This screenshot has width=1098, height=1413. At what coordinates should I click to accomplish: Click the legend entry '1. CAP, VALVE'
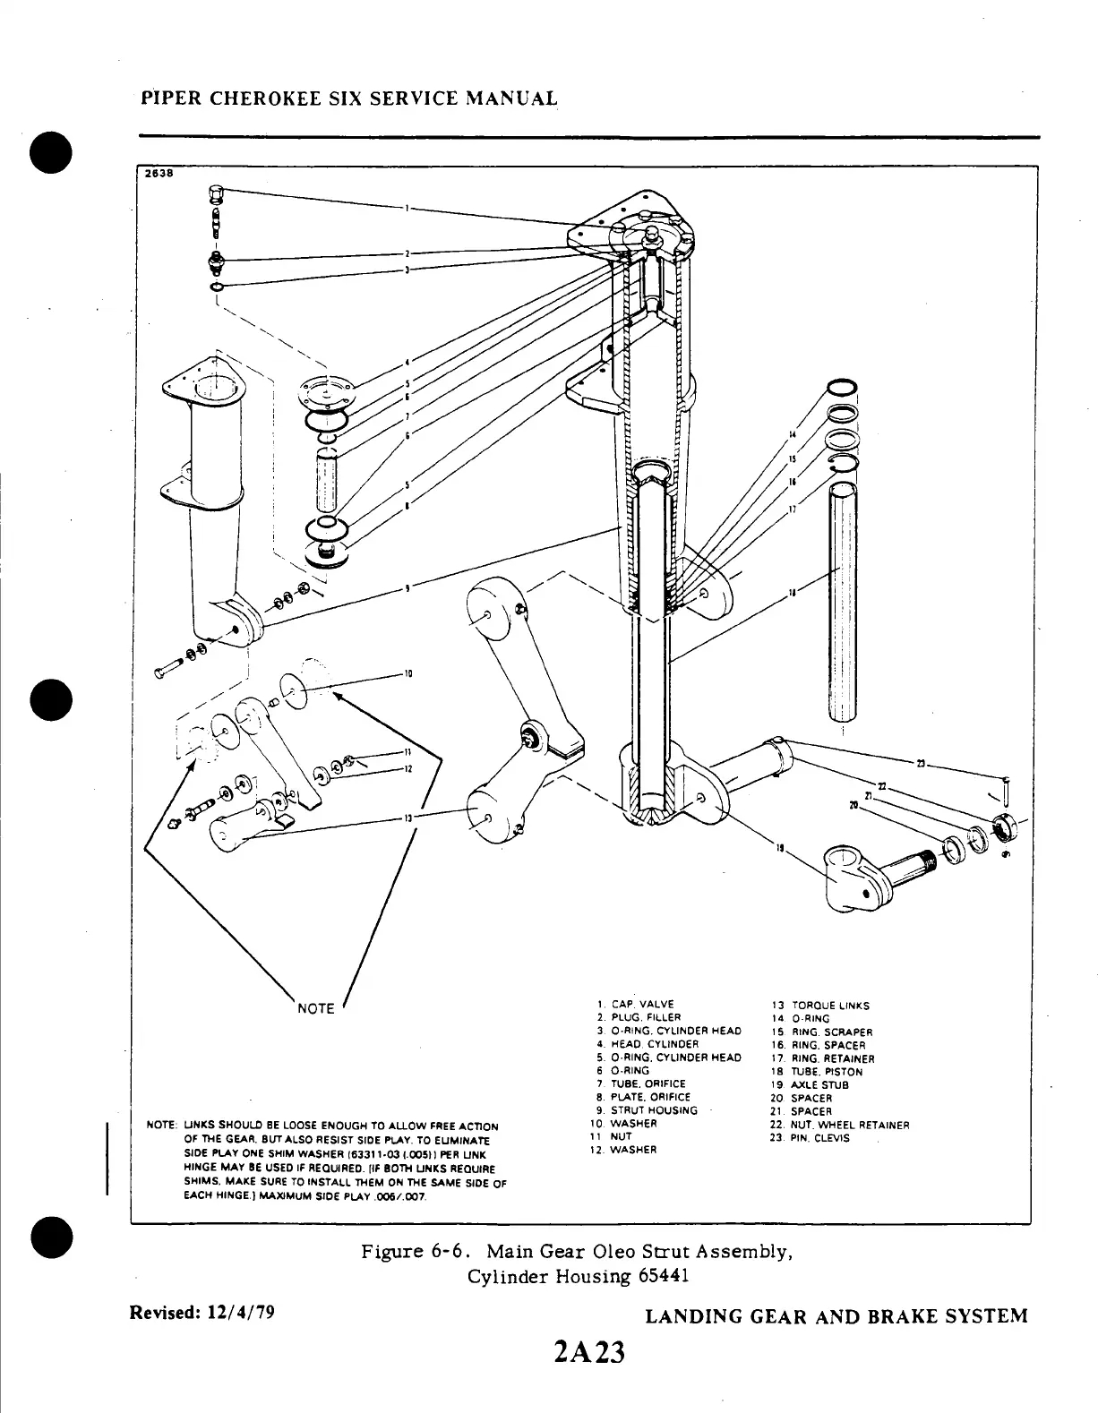point(635,1004)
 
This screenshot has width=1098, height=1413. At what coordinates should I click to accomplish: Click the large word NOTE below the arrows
point(315,1008)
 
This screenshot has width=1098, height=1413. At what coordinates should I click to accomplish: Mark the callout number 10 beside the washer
point(407,673)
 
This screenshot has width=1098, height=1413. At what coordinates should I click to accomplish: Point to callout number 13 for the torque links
point(407,818)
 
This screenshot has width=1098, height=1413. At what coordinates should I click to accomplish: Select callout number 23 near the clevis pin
point(921,763)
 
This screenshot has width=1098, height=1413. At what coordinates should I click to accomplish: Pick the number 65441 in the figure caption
point(664,1276)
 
